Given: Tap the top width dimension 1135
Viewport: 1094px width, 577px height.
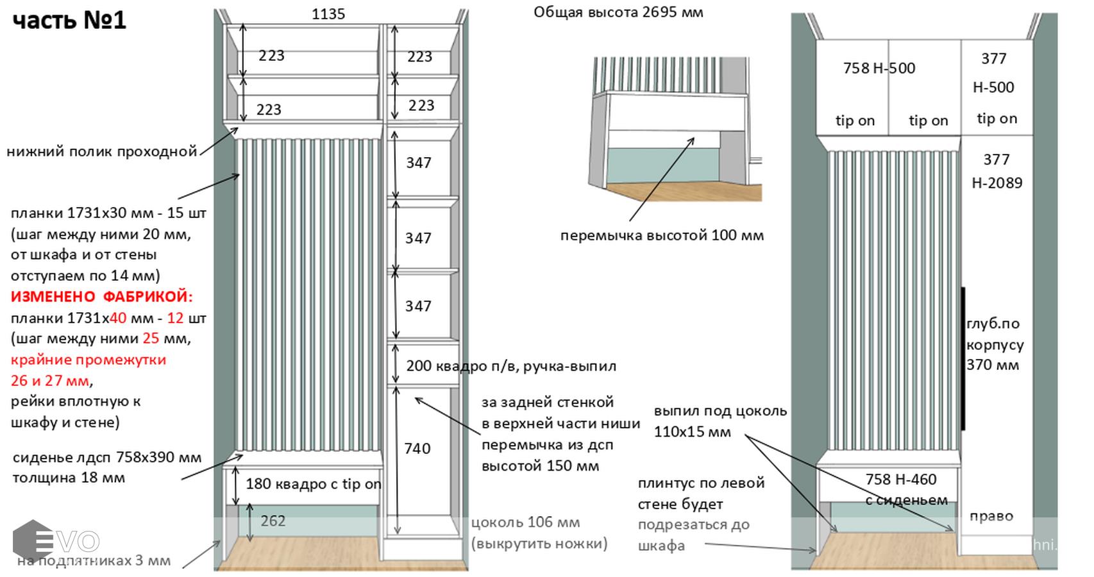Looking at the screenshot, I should click(328, 13).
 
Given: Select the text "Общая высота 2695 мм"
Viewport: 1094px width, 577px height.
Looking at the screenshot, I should click(618, 12).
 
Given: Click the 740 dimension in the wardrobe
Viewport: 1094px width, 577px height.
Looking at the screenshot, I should click(417, 448).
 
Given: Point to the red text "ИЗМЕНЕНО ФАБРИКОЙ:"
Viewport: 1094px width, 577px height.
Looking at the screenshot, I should click(101, 296).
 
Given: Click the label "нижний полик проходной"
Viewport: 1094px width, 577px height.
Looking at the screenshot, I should click(101, 151).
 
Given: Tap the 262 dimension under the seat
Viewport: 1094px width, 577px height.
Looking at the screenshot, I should click(273, 521).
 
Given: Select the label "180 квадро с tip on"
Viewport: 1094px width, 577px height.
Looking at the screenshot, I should click(313, 484).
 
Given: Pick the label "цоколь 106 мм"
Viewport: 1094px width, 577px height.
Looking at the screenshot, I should click(525, 523).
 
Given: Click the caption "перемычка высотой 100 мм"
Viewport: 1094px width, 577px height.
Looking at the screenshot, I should click(662, 235).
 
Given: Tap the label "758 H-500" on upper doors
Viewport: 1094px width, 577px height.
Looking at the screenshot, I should click(879, 68).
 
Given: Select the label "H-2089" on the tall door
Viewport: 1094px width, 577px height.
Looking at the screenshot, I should click(997, 183).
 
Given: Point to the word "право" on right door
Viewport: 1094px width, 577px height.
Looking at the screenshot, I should click(991, 516).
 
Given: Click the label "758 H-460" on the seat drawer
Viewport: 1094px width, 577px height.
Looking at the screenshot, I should click(900, 479).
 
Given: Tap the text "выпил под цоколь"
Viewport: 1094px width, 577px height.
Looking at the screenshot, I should click(720, 411).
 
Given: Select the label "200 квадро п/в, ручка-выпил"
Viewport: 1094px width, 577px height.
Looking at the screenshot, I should click(510, 366).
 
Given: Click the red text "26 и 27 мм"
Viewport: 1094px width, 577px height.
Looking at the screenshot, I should click(49, 380).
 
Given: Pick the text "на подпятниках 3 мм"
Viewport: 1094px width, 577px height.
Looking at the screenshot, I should click(94, 561).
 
